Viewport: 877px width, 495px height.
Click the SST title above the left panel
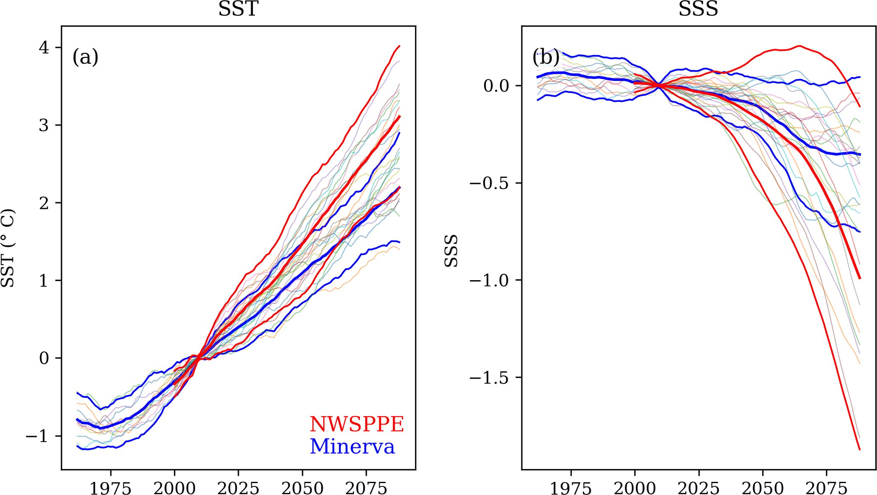coord(238,9)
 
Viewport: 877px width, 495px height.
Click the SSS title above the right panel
coord(698,9)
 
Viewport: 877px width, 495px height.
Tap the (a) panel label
coord(85,57)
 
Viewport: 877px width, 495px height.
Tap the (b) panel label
coord(546,57)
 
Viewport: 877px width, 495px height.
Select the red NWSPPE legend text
coord(357,424)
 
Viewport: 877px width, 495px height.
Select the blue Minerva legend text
coord(352,446)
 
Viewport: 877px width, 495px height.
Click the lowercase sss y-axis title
coord(451,251)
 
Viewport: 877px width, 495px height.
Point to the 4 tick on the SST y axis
coord(44,47)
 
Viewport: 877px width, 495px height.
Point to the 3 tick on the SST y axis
coord(44,125)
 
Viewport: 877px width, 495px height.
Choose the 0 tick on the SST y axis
coord(44,358)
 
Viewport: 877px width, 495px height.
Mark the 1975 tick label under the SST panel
coord(110,488)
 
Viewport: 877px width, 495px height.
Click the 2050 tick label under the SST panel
coord(303,488)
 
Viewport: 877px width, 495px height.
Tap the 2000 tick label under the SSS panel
coord(635,488)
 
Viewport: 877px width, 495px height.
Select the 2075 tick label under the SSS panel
coord(827,488)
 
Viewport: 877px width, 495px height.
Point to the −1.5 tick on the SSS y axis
coord(489,377)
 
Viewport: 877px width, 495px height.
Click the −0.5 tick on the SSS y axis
coord(489,183)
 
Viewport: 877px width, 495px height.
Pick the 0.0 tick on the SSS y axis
coord(496,86)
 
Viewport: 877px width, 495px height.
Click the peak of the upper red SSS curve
coord(799,46)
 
